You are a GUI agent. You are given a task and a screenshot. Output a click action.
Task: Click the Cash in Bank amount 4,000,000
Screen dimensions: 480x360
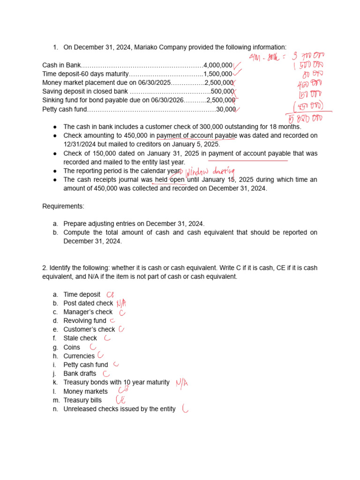pos(218,65)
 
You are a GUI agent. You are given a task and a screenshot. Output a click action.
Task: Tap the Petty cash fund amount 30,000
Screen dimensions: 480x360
pos(225,109)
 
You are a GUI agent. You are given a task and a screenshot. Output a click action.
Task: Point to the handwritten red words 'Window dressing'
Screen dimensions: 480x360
pos(210,172)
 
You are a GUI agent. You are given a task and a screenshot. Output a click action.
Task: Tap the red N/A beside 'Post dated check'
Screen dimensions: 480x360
pos(122,304)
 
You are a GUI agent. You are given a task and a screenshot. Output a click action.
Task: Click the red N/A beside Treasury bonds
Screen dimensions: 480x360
pos(183,383)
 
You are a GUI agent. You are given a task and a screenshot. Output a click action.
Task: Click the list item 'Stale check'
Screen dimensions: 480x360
pos(80,338)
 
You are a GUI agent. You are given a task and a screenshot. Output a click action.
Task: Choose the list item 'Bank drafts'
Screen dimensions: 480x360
pos(80,374)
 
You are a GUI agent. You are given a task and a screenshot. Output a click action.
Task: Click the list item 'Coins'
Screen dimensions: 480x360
pos(72,347)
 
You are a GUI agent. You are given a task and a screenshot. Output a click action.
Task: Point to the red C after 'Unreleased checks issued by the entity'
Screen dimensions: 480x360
pos(185,409)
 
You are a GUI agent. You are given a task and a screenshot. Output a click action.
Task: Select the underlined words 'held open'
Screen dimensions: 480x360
pos(170,180)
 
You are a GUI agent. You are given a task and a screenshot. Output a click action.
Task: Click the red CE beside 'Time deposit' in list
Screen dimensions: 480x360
pos(110,294)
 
